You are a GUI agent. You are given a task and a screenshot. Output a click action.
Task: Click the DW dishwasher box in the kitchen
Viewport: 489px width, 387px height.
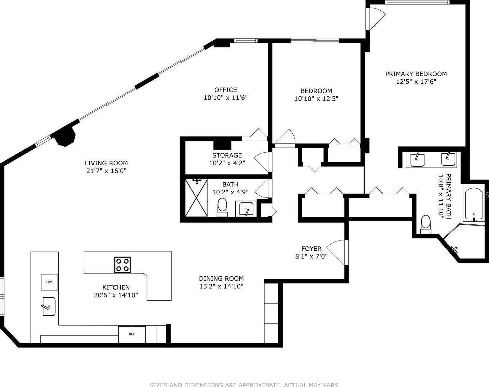click(x=49, y=282)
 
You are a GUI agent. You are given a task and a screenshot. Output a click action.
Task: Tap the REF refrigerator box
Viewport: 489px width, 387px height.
click(x=132, y=334)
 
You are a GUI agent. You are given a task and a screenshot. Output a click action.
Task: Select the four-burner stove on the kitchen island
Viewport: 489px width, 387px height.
click(x=123, y=265)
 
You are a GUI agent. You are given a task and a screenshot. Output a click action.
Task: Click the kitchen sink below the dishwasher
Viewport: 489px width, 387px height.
click(x=49, y=306)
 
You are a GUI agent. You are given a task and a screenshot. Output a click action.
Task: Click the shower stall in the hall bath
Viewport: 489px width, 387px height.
click(x=196, y=197)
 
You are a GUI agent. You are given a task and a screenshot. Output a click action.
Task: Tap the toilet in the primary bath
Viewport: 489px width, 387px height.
click(x=425, y=224)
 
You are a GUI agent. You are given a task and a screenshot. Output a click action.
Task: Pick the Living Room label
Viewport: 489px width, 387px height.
click(x=106, y=163)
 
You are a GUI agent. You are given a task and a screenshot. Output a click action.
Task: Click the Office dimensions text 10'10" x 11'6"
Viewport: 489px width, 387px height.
click(x=225, y=98)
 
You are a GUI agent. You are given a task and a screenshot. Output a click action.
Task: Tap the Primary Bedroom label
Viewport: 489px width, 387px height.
click(x=416, y=74)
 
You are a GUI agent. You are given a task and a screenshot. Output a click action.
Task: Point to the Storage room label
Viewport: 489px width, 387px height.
click(x=227, y=155)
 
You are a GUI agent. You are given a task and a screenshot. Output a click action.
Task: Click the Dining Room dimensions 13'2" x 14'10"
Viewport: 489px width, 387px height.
click(x=221, y=286)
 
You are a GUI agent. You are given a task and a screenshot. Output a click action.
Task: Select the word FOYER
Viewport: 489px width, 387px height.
click(x=311, y=249)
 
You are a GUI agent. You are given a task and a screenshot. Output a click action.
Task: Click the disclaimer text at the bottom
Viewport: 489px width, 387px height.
click(x=244, y=385)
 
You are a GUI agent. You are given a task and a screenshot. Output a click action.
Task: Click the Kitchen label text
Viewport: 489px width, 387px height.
click(x=116, y=287)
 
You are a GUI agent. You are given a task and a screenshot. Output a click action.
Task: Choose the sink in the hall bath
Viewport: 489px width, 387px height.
click(x=246, y=208)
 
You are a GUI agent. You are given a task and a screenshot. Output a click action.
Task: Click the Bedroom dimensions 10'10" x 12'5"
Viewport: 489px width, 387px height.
click(x=316, y=99)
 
